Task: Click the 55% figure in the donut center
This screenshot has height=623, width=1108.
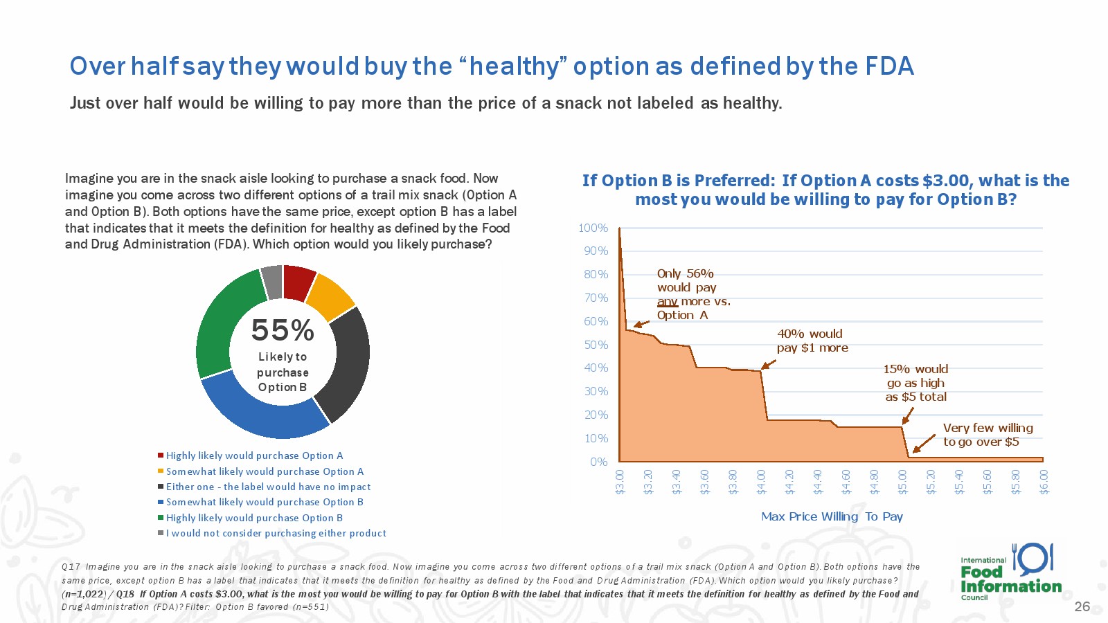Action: [283, 330]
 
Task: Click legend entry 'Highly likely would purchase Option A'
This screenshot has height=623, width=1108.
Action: [254, 455]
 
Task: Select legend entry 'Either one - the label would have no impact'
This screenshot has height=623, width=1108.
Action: [268, 487]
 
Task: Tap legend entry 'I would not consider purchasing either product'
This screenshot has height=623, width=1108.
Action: [276, 533]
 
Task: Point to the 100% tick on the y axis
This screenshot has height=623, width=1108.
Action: [593, 228]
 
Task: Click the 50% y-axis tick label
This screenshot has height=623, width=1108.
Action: [596, 345]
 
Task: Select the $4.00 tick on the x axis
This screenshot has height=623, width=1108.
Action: [761, 482]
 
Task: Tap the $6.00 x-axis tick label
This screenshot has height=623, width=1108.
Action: [1044, 482]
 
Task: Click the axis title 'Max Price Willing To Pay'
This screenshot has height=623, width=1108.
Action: [832, 516]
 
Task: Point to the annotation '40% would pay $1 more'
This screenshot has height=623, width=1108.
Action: [812, 341]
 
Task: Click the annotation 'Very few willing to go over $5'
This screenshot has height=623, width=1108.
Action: [988, 435]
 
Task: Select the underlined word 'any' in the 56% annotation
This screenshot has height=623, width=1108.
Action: [668, 301]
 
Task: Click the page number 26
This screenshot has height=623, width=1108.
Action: [1082, 606]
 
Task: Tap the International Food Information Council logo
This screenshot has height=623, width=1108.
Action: [1010, 572]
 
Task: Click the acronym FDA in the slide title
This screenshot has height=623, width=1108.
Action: [889, 66]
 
